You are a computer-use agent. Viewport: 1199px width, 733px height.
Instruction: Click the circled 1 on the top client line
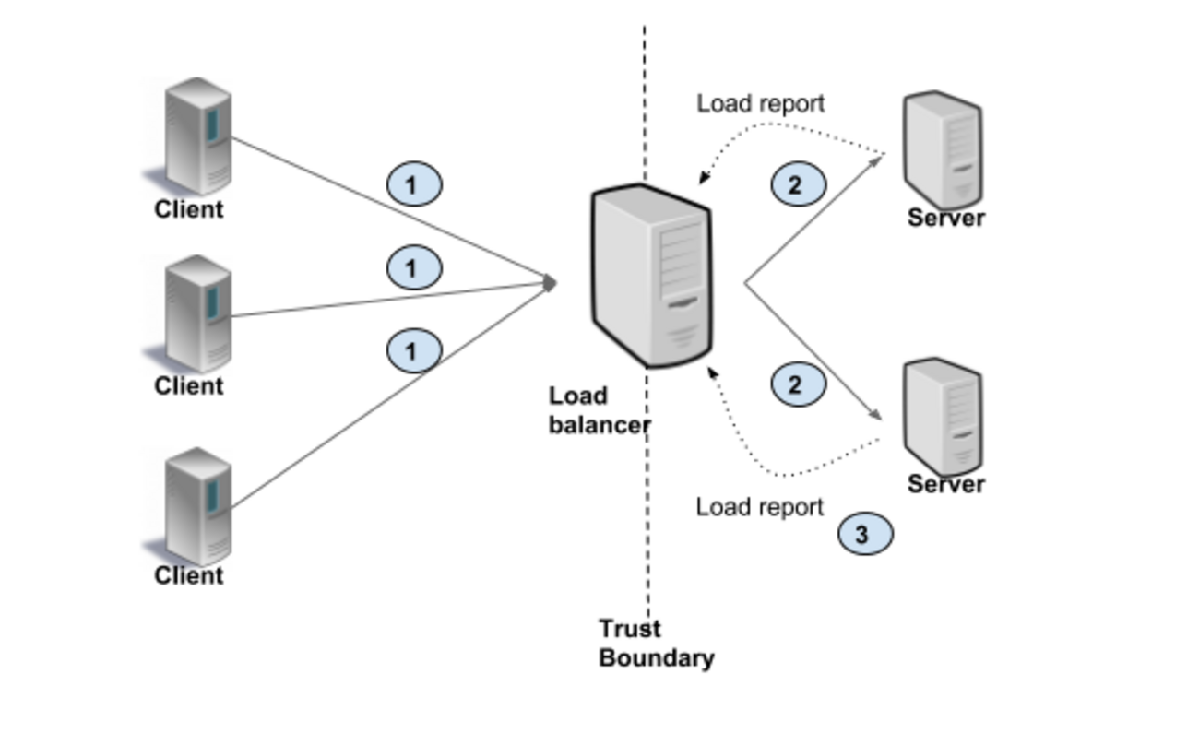point(411,186)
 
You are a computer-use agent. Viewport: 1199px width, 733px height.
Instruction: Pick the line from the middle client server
point(350,303)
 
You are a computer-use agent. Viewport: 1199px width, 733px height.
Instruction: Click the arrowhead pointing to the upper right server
point(876,162)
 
